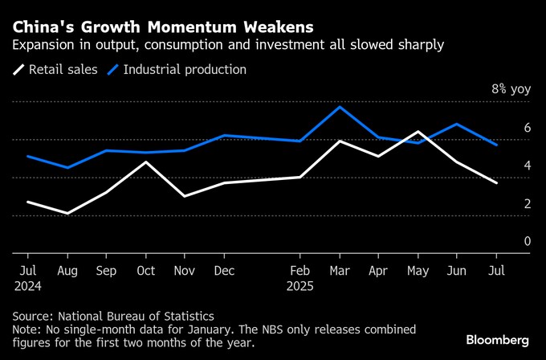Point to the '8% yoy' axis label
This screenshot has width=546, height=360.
pyautogui.click(x=511, y=89)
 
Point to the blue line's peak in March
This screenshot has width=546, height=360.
pyautogui.click(x=340, y=107)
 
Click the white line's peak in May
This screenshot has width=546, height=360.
pyautogui.click(x=418, y=132)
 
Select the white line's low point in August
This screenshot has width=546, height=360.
pyautogui.click(x=67, y=213)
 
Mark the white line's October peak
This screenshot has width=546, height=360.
pyautogui.click(x=145, y=162)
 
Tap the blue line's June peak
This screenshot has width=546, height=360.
pyautogui.click(x=458, y=124)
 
